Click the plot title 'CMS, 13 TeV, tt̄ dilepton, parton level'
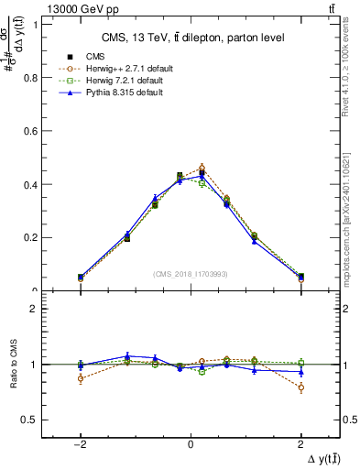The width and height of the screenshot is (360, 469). pos(190,38)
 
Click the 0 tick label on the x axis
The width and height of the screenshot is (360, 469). pos(191,443)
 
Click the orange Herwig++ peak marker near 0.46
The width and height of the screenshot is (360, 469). pos(202,168)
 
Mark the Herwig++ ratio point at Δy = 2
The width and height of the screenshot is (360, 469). pos(300,387)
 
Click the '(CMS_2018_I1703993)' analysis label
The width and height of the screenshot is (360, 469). pos(190,274)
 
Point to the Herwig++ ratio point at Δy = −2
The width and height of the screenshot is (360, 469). pos(81,378)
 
